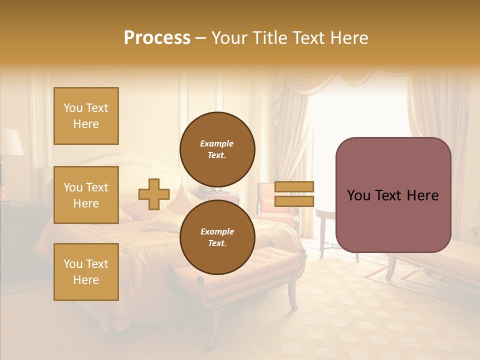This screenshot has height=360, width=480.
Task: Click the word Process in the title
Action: [157, 38]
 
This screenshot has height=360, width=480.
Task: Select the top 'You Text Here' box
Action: [86, 116]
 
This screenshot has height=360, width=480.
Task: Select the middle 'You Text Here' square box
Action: [86, 195]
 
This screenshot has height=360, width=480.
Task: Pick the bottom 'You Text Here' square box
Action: [86, 272]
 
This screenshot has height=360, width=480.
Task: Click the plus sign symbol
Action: [154, 194]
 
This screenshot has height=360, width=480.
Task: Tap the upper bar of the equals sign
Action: [294, 186]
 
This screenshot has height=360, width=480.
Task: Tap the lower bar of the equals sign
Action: [294, 201]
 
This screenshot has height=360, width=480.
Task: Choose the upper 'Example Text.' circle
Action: [217, 149]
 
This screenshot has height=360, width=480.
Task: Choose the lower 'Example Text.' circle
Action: [217, 237]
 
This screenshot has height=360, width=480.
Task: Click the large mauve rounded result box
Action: [393, 195]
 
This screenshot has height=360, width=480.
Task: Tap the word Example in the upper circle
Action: [217, 144]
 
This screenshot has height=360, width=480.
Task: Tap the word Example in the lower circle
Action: [217, 232]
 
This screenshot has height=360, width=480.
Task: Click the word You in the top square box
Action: [73, 108]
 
